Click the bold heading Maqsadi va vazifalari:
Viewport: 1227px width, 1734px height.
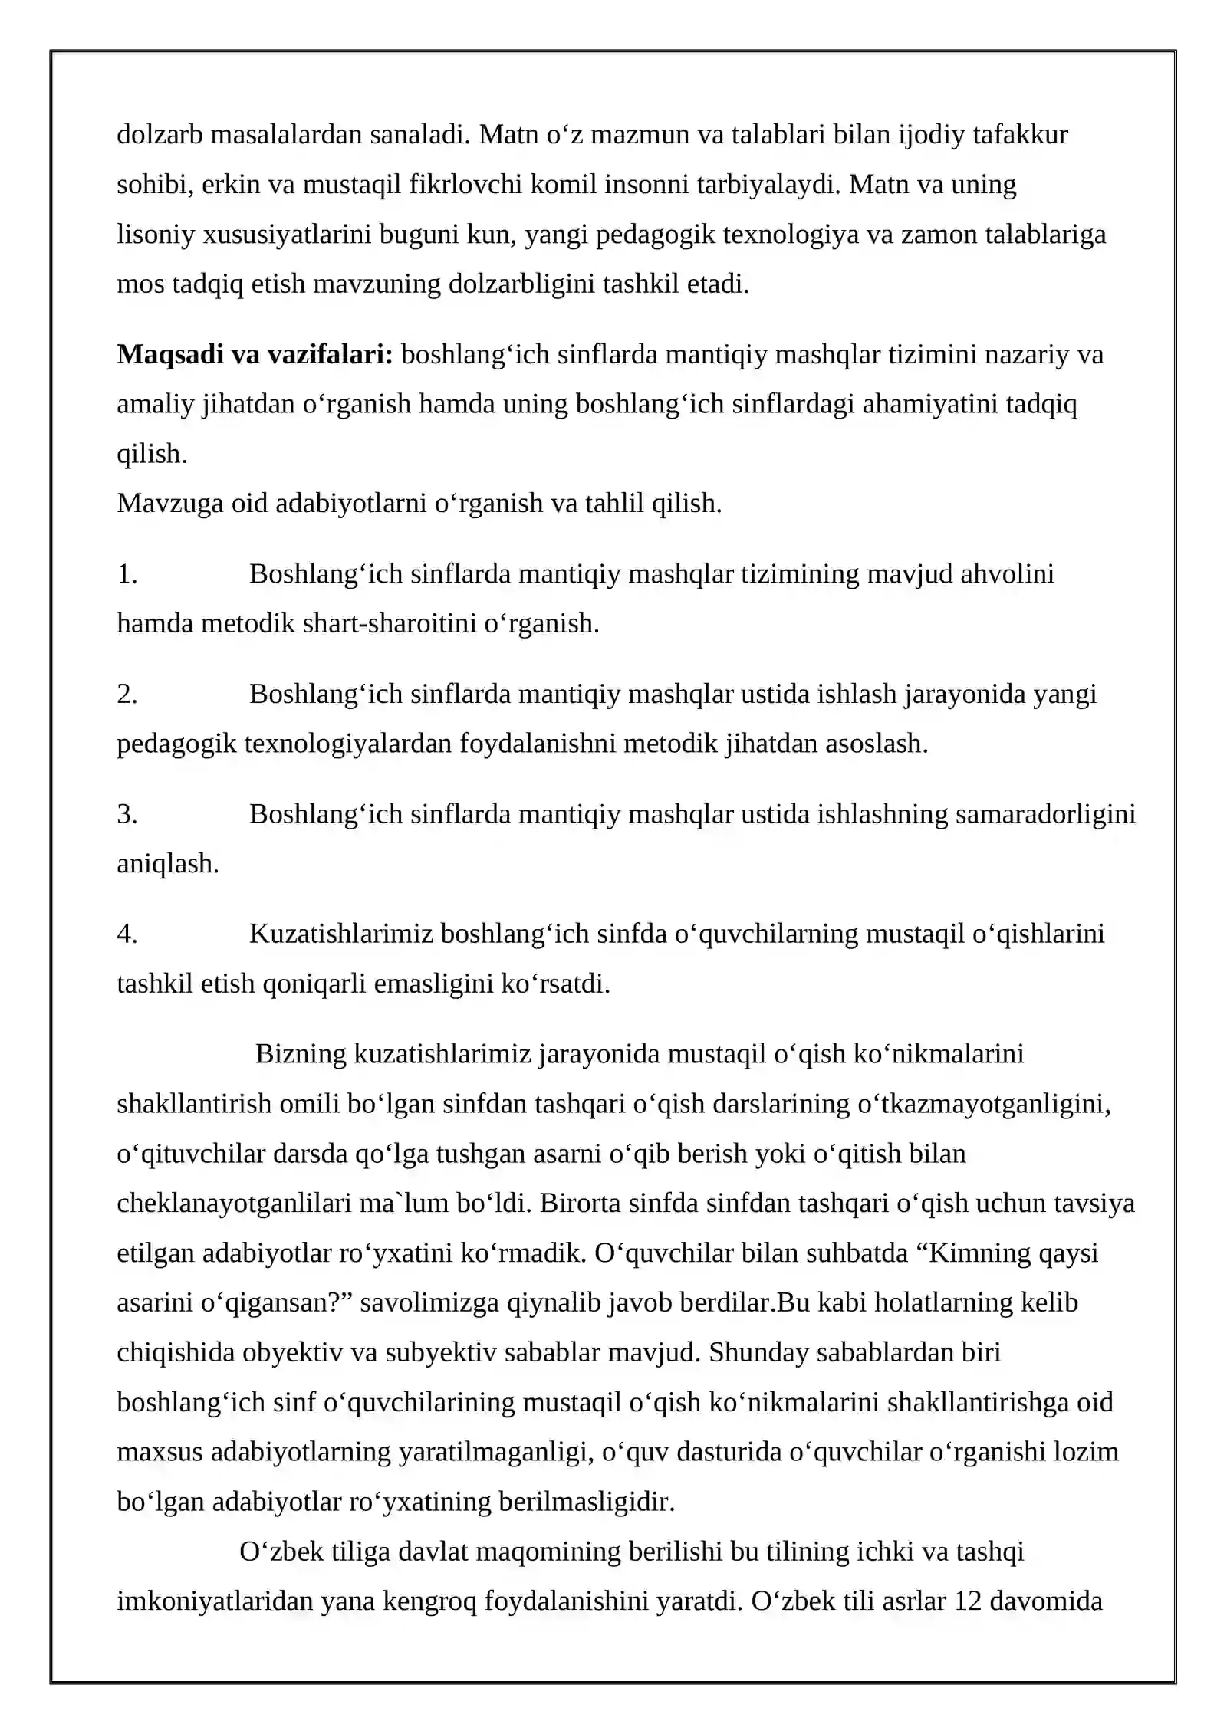(255, 354)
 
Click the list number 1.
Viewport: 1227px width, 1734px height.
(127, 573)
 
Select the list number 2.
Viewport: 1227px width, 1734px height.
(127, 694)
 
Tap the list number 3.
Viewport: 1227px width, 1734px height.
(127, 813)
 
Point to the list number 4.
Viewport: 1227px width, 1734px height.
(127, 934)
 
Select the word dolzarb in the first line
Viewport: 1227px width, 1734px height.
(160, 135)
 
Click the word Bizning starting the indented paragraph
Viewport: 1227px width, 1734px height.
(301, 1053)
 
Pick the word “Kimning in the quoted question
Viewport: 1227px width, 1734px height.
(973, 1253)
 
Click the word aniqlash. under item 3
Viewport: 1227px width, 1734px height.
(168, 864)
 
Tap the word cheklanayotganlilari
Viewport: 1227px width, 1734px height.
(234, 1203)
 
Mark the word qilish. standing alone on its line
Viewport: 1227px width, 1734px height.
(152, 454)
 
